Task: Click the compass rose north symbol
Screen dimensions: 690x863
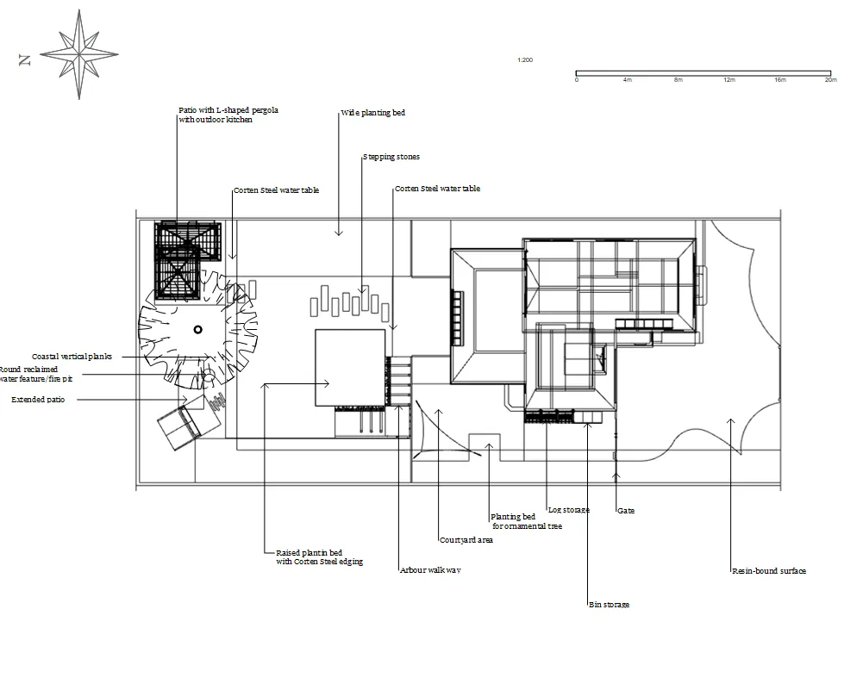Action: tap(79, 54)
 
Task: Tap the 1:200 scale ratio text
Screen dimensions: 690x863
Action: tap(525, 60)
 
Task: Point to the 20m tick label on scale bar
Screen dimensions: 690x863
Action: tap(829, 80)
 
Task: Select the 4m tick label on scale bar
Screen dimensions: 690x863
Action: tap(627, 80)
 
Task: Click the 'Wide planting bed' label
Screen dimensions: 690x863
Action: tap(372, 113)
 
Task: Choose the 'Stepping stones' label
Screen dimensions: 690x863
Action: tap(391, 157)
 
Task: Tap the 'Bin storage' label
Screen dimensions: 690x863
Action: tap(609, 605)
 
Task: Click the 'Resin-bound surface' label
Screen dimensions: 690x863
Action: tap(769, 570)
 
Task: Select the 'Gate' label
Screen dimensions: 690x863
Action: tap(626, 511)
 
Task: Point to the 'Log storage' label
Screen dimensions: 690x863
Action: tap(569, 510)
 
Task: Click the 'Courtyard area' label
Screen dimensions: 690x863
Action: tap(466, 540)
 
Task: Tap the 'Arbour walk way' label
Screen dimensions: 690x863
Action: tap(430, 570)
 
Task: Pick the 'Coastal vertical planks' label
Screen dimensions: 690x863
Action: tap(72, 357)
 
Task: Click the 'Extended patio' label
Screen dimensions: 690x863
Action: tap(38, 400)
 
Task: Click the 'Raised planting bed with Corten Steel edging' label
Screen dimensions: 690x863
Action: tap(319, 557)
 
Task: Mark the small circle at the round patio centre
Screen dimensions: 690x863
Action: tap(197, 329)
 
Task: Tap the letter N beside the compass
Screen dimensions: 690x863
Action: tap(25, 60)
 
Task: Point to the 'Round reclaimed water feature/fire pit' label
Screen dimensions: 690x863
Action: tap(36, 374)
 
